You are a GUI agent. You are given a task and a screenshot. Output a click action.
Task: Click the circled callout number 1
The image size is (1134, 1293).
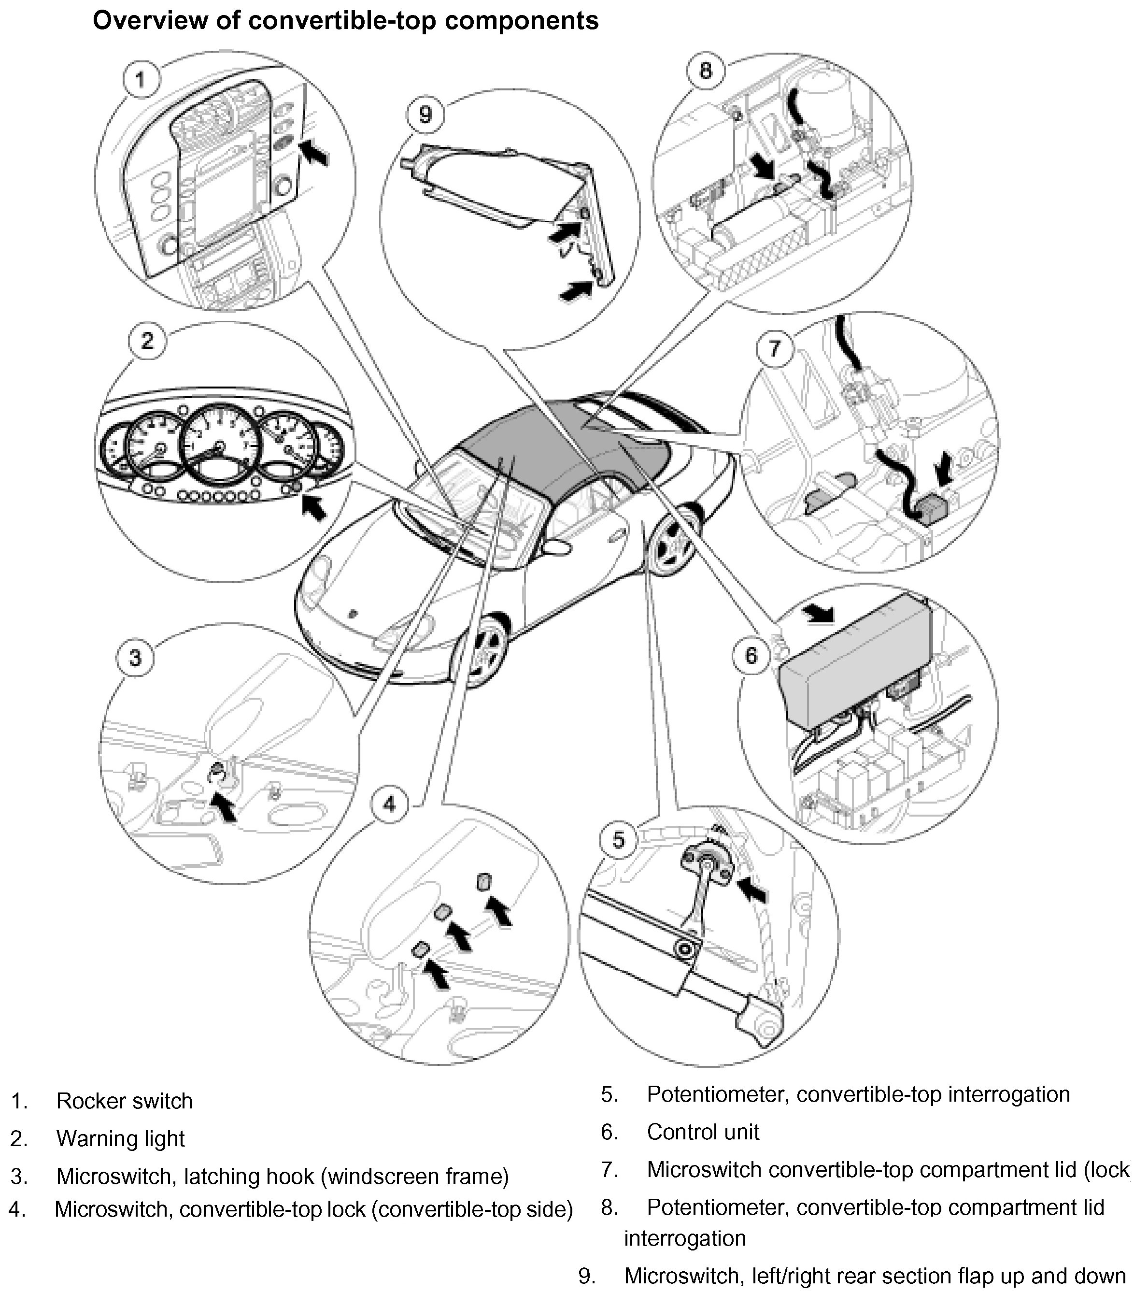[141, 80]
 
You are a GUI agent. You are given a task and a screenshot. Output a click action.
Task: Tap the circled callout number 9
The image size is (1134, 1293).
[425, 115]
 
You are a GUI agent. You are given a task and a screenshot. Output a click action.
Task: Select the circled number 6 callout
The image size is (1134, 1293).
[751, 655]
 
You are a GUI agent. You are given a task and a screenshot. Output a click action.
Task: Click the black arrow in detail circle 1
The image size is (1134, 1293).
[314, 152]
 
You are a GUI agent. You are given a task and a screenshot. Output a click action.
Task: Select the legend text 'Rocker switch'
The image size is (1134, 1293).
[124, 1101]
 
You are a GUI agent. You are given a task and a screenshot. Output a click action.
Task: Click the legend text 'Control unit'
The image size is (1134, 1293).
[703, 1132]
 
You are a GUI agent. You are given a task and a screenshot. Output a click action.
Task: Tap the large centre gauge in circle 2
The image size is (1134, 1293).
[219, 446]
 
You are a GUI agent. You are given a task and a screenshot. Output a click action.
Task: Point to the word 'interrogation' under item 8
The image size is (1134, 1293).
[685, 1238]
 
